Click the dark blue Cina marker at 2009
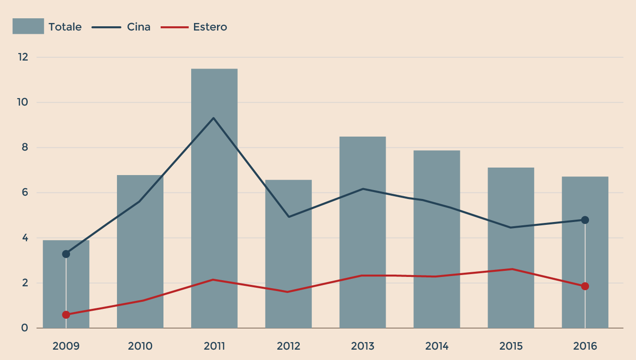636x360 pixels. click(x=66, y=254)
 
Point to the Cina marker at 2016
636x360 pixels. click(x=585, y=220)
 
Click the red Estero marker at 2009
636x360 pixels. click(x=66, y=315)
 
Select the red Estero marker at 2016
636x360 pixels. click(x=585, y=286)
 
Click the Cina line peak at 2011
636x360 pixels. click(x=214, y=118)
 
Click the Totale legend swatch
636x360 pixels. click(x=28, y=26)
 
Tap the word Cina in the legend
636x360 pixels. click(x=139, y=27)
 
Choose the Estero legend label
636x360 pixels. click(x=210, y=27)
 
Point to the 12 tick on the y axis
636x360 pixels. click(x=23, y=57)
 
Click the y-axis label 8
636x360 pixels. click(x=25, y=147)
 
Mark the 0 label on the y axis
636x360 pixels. click(x=25, y=328)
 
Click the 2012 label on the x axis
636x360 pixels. click(x=288, y=346)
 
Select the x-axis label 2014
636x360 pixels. click(x=437, y=346)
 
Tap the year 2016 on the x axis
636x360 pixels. click(x=585, y=346)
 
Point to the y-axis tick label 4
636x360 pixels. click(x=25, y=238)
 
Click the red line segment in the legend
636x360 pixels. click(x=174, y=27)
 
